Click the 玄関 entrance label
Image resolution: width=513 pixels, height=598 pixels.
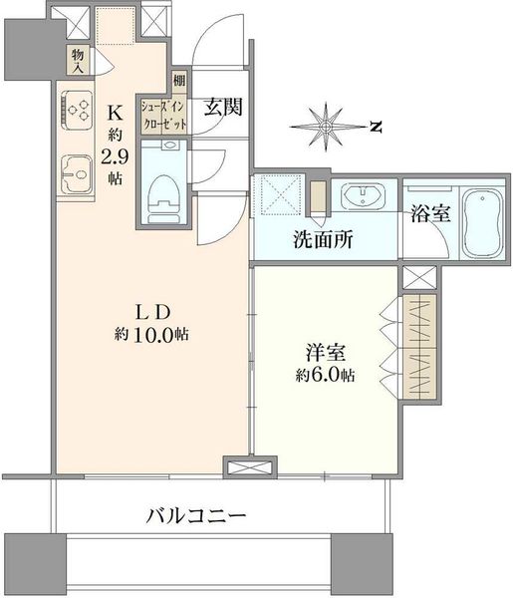click(223, 108)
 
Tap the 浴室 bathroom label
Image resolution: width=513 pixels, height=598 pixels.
click(430, 213)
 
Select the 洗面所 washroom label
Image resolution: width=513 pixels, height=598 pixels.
click(323, 239)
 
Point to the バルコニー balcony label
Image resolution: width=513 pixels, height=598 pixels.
click(196, 516)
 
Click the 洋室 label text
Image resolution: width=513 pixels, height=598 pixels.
click(325, 353)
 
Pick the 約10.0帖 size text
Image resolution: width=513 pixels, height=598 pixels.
click(151, 335)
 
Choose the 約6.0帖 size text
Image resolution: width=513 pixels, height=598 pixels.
click(325, 376)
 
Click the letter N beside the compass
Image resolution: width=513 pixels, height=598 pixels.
click(376, 127)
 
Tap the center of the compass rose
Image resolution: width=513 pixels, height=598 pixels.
click(326, 127)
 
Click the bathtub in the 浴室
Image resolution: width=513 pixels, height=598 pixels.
click(482, 223)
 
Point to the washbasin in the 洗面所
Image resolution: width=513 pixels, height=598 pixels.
click(363, 196)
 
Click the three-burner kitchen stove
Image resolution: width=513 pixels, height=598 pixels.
click(77, 111)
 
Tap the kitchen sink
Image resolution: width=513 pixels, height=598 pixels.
click(77, 173)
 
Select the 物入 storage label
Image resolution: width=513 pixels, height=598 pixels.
click(78, 61)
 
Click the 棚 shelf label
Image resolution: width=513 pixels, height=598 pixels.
click(179, 81)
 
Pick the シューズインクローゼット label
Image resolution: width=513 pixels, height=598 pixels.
click(164, 116)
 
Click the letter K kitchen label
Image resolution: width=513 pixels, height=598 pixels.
click(115, 113)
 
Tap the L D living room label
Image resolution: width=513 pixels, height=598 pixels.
click(152, 313)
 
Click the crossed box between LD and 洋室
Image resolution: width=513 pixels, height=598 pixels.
click(250, 467)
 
